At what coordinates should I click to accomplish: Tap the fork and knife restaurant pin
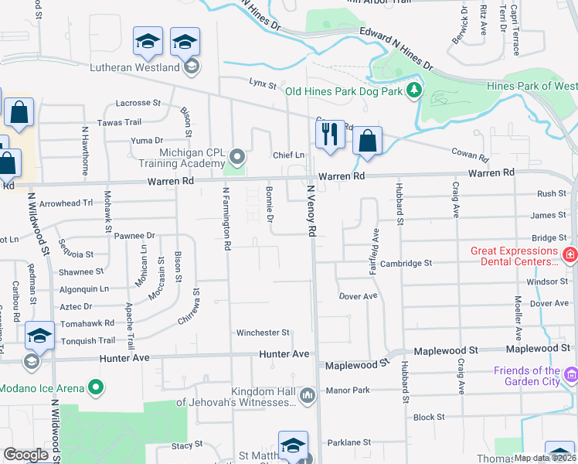click(x=330, y=135)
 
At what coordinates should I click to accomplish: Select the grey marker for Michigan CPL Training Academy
click(x=237, y=158)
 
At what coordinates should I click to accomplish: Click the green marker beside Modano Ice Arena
click(x=95, y=386)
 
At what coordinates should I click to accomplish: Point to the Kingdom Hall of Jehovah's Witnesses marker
click(x=308, y=397)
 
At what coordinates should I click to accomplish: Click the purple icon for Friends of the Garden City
click(x=571, y=376)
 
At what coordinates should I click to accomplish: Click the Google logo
click(x=26, y=454)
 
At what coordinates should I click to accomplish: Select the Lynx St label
click(x=262, y=82)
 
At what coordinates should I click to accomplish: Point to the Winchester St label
click(x=263, y=333)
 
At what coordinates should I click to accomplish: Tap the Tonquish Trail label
click(x=87, y=340)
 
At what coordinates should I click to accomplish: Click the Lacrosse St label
click(x=138, y=102)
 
